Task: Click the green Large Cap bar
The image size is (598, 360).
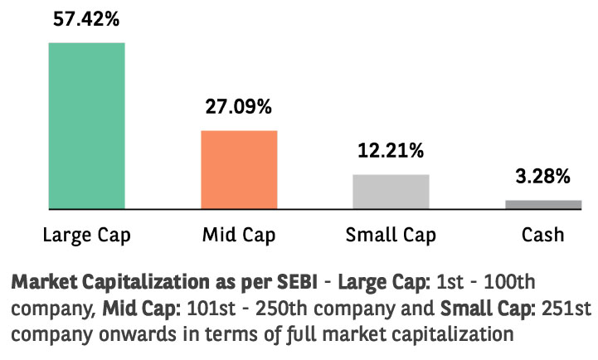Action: click(x=86, y=125)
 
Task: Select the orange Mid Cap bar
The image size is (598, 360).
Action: click(x=239, y=169)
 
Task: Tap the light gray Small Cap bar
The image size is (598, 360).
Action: click(x=391, y=191)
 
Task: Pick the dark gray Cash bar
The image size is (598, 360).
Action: click(x=543, y=204)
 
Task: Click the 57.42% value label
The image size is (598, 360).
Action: click(x=86, y=18)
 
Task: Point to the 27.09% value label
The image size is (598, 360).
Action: click(x=239, y=107)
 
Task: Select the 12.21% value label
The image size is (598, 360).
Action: click(x=391, y=151)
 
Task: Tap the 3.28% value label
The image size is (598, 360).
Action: click(x=543, y=176)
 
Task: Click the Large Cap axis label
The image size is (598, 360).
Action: click(x=86, y=235)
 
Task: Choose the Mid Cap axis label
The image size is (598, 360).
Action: click(x=239, y=235)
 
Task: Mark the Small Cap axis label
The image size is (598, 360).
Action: click(x=391, y=235)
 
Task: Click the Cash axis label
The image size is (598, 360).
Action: click(x=543, y=235)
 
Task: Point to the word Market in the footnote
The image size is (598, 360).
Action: click(x=41, y=280)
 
